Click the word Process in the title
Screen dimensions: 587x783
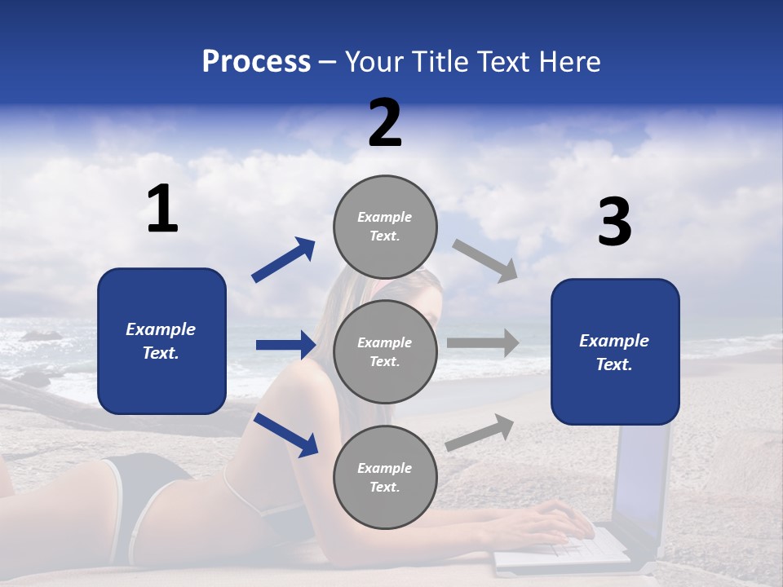coord(256,62)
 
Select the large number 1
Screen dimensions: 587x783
coord(162,210)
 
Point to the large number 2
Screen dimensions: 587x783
coord(385,123)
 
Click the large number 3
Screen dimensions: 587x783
coord(614,223)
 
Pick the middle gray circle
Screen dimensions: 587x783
coord(385,351)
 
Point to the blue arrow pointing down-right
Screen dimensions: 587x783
coord(285,435)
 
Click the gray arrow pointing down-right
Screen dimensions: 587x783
coord(485,260)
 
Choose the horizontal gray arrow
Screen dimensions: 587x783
coord(483,343)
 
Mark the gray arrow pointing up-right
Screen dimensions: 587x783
coord(480,432)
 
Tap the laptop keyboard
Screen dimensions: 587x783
coord(563,548)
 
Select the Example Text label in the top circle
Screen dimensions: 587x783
coord(385,226)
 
